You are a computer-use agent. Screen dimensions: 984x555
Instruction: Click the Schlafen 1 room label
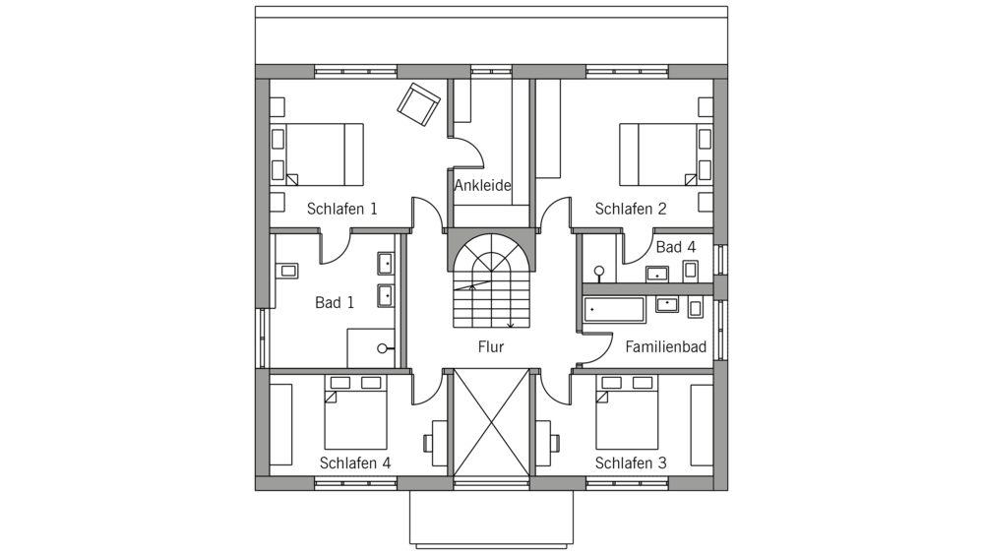[x=342, y=209]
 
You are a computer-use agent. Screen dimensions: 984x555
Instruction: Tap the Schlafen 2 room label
[x=631, y=209]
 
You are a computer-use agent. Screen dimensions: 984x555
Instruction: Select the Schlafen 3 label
[x=631, y=462]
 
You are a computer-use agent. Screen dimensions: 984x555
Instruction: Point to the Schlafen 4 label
[x=355, y=462]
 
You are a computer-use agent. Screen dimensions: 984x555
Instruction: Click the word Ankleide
[x=482, y=185]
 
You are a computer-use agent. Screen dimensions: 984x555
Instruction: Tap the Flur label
[x=491, y=346]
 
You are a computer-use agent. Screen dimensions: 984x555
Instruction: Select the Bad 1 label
[x=335, y=303]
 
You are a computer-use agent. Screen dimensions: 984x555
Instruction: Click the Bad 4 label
[x=676, y=247]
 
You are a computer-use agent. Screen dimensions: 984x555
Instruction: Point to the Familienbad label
[x=666, y=346]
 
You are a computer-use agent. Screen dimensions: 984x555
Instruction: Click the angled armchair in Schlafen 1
[x=418, y=104]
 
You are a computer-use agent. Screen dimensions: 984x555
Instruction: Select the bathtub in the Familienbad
[x=614, y=310]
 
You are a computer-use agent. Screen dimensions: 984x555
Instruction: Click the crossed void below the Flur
[x=491, y=422]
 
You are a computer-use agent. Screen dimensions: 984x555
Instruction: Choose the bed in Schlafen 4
[x=355, y=411]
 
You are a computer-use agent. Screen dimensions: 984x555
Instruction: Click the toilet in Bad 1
[x=286, y=271]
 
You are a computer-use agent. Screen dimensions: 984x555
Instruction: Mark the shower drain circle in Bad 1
[x=382, y=348]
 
